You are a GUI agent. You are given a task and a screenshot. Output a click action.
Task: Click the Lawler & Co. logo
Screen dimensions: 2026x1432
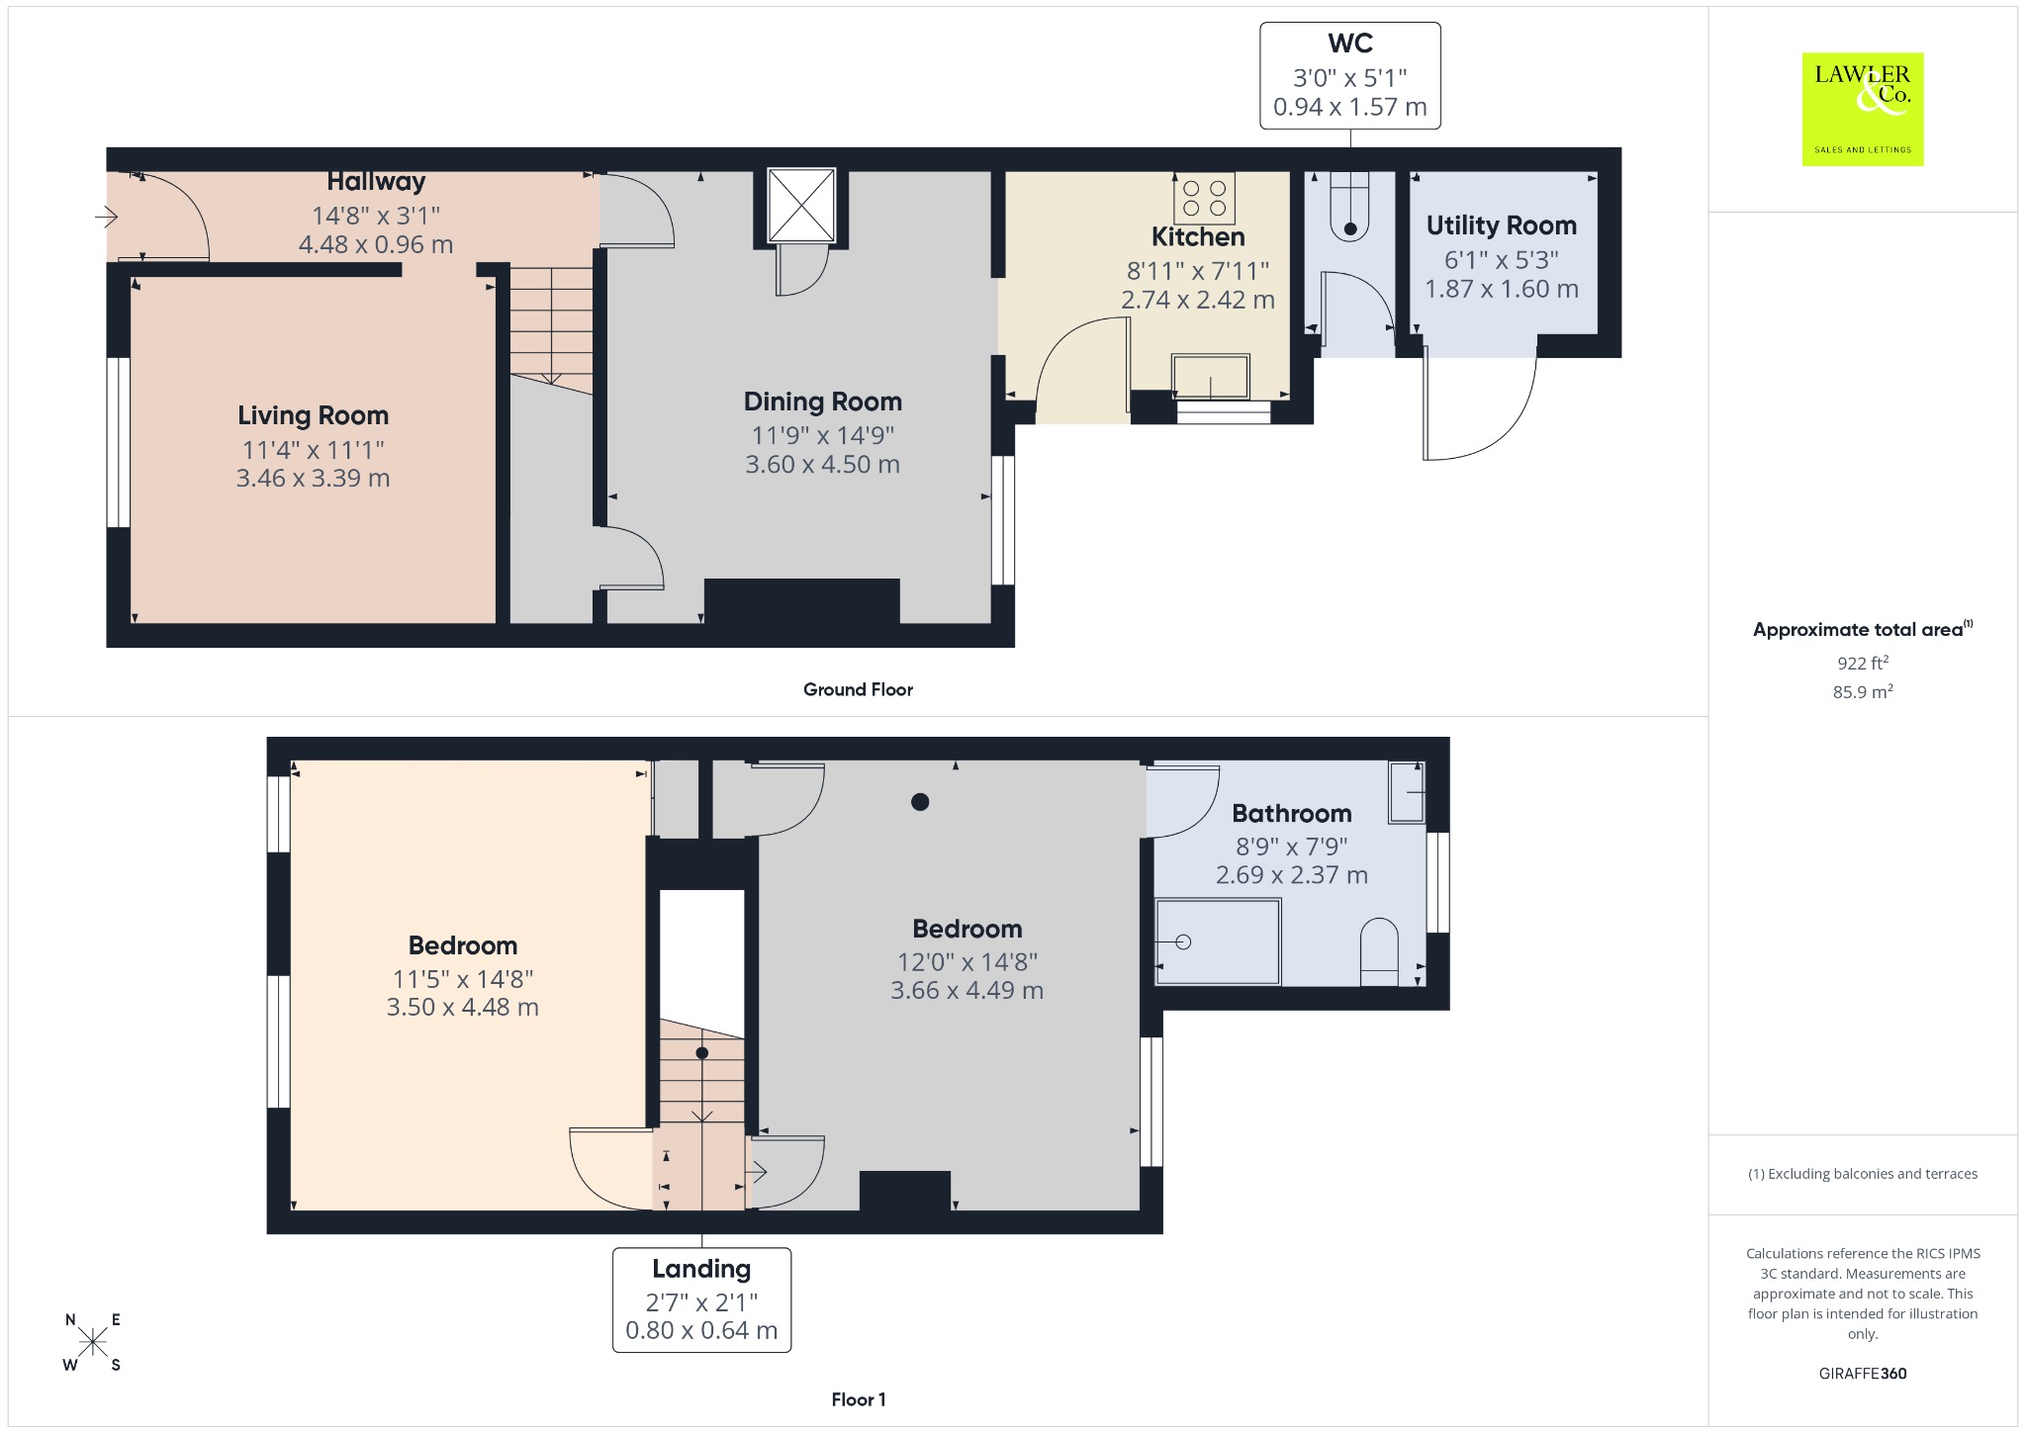(1863, 109)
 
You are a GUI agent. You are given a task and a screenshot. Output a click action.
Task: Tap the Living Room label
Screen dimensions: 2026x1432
(313, 415)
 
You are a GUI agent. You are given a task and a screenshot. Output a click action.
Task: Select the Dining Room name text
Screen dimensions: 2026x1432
(823, 402)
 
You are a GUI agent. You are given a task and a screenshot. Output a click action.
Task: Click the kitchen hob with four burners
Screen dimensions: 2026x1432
(1204, 198)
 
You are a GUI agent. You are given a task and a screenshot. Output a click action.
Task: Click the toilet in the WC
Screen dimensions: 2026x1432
(1350, 207)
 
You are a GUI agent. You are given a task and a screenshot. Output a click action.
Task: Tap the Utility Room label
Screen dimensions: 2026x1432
(1502, 225)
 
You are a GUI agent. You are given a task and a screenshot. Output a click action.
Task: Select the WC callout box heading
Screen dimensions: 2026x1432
(1350, 44)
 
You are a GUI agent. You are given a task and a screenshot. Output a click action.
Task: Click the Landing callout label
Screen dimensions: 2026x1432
(701, 1269)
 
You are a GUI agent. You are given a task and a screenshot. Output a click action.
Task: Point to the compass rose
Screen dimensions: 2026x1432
(93, 1342)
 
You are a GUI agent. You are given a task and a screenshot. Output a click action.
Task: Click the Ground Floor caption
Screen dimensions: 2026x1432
(858, 689)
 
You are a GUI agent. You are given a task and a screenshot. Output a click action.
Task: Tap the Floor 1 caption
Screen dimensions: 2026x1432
(859, 1399)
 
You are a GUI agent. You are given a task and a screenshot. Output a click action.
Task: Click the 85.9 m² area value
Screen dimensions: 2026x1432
(1863, 691)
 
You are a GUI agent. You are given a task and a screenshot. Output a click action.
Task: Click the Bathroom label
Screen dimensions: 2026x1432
(1292, 814)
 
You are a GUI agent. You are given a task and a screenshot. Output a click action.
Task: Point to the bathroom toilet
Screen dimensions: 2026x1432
(1379, 952)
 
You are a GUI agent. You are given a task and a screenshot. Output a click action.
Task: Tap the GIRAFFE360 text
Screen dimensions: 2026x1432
(1863, 1373)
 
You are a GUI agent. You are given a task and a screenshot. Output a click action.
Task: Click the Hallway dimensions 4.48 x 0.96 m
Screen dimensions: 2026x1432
(376, 244)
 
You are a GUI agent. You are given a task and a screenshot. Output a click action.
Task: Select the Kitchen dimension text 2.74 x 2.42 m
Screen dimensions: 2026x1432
(1198, 300)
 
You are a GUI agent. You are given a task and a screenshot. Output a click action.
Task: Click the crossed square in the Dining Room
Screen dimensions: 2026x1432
(801, 205)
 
